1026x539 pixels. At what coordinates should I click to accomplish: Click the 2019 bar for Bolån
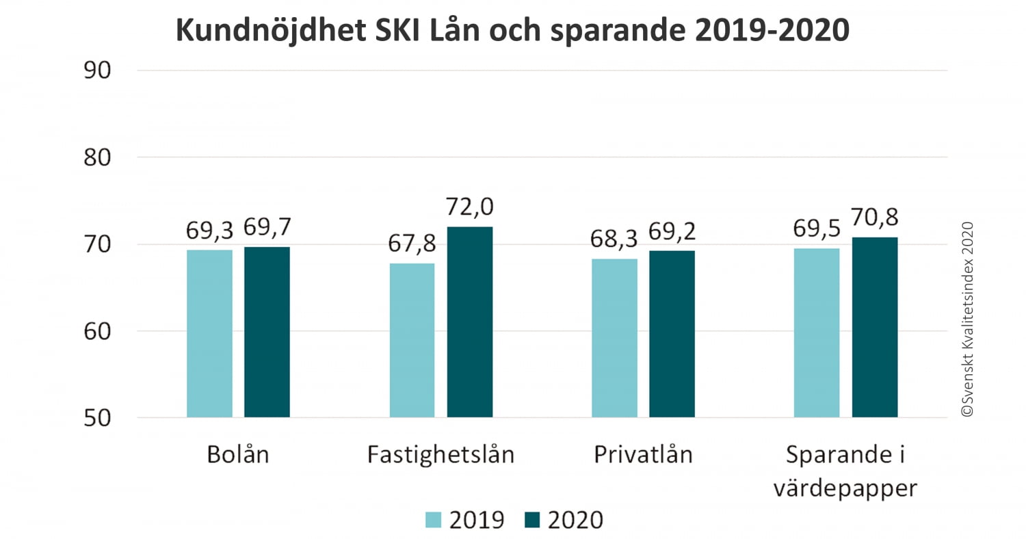209,334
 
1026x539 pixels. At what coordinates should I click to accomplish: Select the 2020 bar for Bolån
267,332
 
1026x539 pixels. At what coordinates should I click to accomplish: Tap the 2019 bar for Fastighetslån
412,341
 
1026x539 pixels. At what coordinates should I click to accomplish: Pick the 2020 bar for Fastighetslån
470,322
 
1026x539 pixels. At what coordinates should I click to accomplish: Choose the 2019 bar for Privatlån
614,338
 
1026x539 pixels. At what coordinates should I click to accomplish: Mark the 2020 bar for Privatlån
672,334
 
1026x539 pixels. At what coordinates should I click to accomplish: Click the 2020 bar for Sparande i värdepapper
875,328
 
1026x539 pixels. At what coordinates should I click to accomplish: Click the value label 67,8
412,244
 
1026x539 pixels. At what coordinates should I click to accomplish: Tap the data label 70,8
875,218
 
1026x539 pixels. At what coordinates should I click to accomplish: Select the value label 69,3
209,231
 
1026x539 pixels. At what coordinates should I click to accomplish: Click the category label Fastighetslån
440,455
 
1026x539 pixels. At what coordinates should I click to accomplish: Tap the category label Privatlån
643,455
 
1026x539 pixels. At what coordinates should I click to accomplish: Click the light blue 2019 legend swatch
434,520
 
